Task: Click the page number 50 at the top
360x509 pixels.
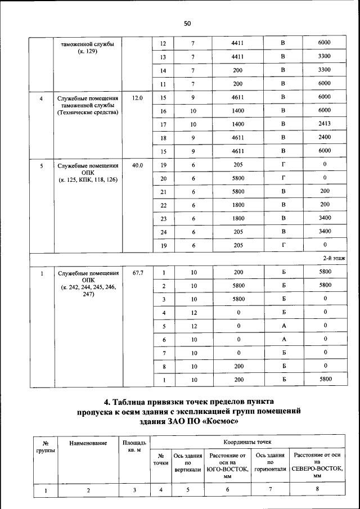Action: (x=187, y=23)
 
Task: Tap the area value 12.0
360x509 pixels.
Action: (x=137, y=98)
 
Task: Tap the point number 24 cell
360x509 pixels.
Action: (x=164, y=231)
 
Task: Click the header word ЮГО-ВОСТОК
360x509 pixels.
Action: (x=228, y=469)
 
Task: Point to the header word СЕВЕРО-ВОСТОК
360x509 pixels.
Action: (x=317, y=469)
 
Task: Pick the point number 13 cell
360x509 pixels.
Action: (x=164, y=57)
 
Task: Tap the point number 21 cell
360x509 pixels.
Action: (x=164, y=192)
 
